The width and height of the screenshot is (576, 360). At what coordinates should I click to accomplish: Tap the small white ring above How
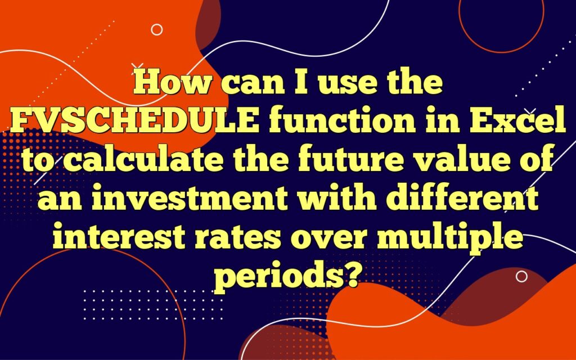(x=157, y=30)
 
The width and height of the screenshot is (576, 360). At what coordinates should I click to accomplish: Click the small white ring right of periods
(x=521, y=276)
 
